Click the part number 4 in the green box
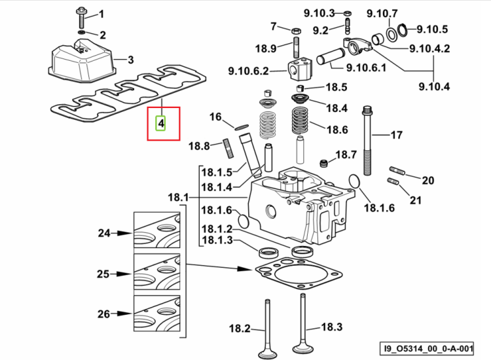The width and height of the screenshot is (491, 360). (x=161, y=123)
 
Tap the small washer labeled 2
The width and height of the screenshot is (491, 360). (x=81, y=33)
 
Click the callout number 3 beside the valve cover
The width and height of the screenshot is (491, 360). (x=130, y=60)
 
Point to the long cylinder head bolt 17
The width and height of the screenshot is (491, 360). (x=368, y=141)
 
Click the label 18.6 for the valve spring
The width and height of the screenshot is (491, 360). (x=337, y=130)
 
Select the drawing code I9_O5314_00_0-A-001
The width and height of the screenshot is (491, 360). (x=427, y=348)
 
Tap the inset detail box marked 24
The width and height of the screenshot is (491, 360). (x=157, y=230)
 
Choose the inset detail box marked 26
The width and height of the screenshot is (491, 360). (x=157, y=314)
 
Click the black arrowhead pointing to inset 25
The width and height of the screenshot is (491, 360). (x=124, y=274)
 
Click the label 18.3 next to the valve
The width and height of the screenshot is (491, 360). (x=332, y=327)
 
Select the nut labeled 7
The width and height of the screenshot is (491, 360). (x=296, y=31)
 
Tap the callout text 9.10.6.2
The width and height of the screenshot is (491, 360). (x=248, y=71)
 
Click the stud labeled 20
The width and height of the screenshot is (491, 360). (x=397, y=171)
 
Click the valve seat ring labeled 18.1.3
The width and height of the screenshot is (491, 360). (x=267, y=252)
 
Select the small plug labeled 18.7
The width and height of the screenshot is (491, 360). (x=323, y=163)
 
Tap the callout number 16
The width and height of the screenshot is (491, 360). (x=215, y=117)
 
